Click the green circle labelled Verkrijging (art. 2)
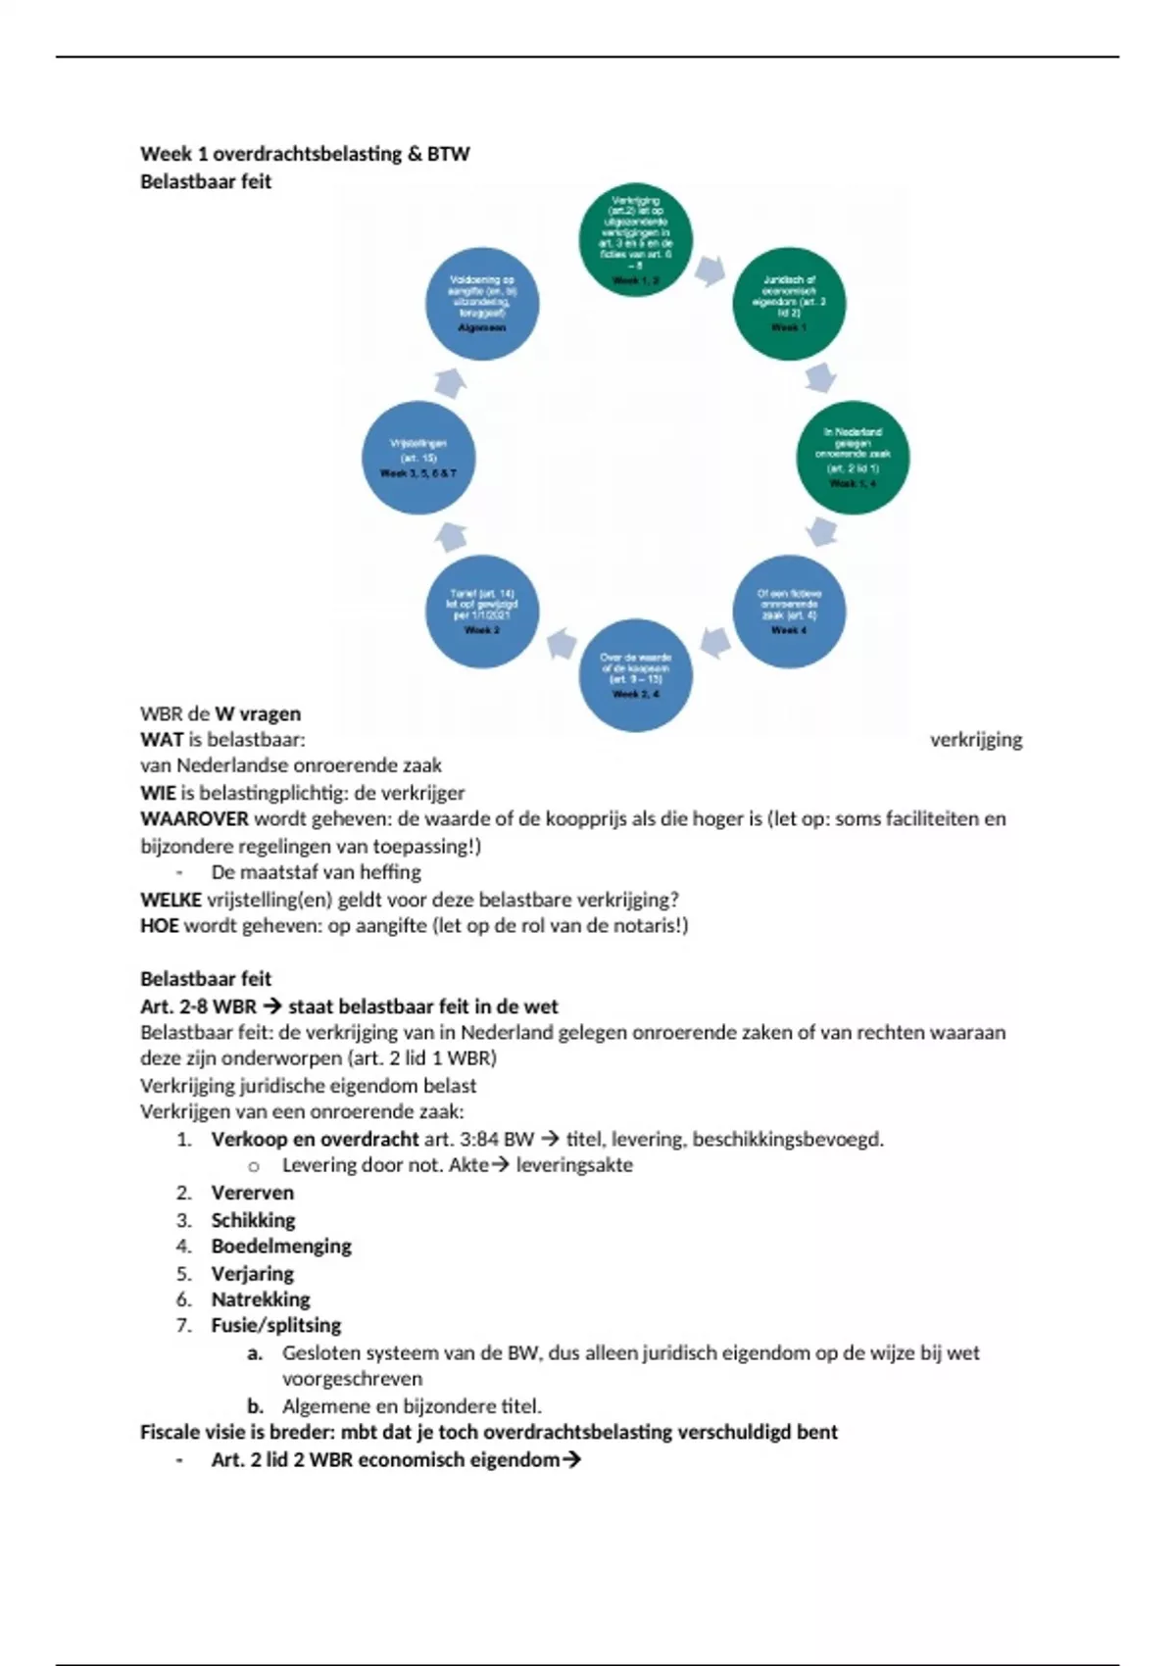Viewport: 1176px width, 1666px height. pos(635,240)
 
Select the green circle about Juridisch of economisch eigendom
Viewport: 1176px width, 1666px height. pos(789,304)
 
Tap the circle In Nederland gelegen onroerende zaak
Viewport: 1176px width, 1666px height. pos(853,457)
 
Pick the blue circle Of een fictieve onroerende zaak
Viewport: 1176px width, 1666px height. pos(789,611)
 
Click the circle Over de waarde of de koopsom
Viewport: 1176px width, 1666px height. pos(635,674)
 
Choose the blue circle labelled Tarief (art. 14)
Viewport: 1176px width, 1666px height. pos(482,611)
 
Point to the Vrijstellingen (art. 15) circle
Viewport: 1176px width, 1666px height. pos(418,457)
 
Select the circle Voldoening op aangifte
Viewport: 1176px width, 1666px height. pos(482,304)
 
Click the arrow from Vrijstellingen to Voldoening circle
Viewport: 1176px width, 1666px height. pos(450,381)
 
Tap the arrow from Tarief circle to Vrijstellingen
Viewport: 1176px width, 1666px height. pos(450,535)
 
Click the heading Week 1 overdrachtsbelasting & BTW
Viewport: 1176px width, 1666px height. pos(305,154)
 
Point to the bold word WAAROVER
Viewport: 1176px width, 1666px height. pos(194,819)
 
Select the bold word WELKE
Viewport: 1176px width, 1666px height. pos(171,900)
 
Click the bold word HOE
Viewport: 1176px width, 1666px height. pos(159,926)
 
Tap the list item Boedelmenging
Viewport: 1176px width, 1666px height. pos(281,1247)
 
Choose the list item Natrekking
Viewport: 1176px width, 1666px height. pos(261,1299)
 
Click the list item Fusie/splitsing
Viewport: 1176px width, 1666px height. pos(276,1326)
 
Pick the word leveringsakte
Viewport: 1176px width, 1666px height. pos(574,1165)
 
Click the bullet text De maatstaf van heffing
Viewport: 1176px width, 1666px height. pos(316,872)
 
